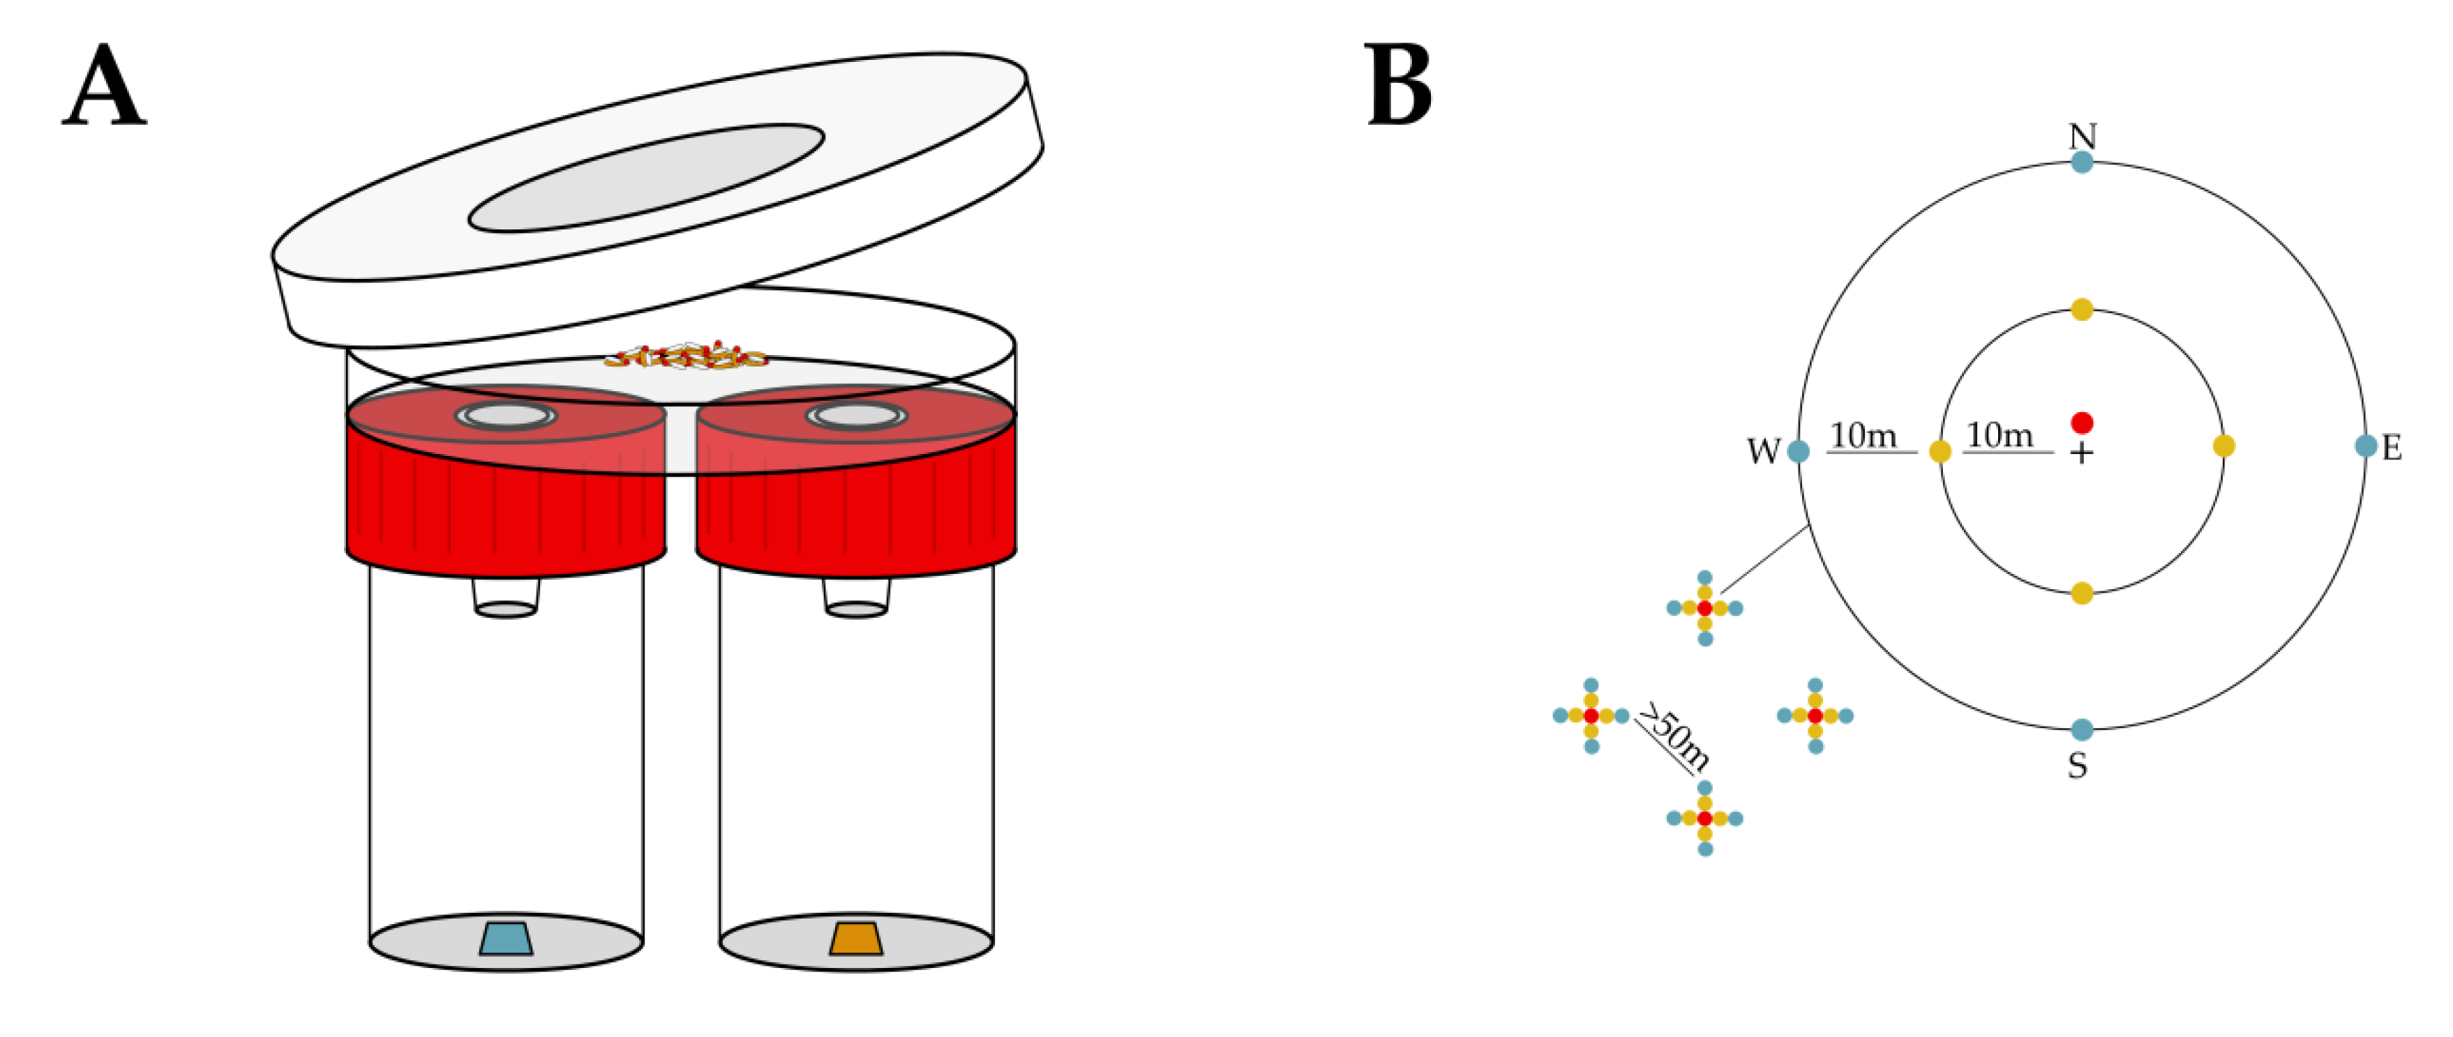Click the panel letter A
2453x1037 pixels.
coord(104,88)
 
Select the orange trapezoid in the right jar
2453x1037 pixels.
coord(856,938)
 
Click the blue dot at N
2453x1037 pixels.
coord(2082,162)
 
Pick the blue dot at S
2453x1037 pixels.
coord(2082,730)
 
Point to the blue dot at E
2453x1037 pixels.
coord(2365,446)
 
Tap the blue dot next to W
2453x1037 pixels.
coord(1798,451)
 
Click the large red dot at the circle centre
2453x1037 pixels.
coord(2082,423)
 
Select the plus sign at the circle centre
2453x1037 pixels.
coord(2082,453)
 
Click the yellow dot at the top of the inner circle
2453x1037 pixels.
coord(2082,310)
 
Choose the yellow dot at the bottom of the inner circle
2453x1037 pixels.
coord(2082,593)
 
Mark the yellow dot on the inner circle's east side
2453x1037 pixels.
coord(2223,446)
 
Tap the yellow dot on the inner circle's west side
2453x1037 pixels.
coord(1940,451)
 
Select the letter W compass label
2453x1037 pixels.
coord(1762,451)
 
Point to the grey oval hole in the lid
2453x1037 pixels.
coord(645,178)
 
